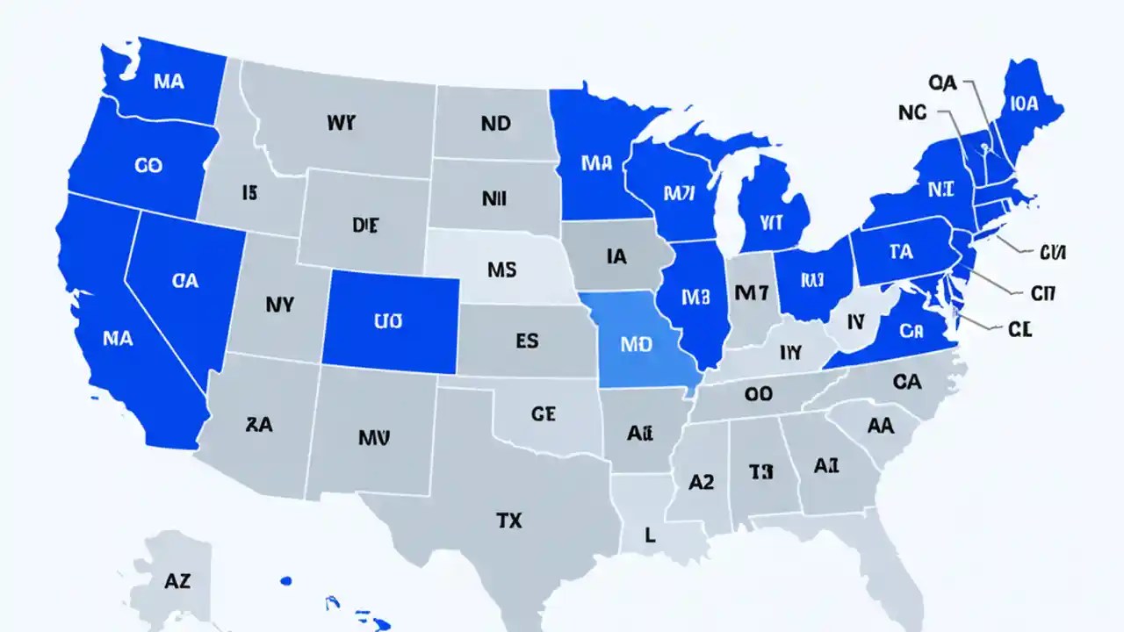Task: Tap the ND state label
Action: click(x=495, y=124)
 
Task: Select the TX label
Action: click(x=508, y=521)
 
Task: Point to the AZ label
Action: click(x=177, y=580)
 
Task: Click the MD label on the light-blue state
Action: click(x=636, y=343)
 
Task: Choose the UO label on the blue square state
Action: click(x=387, y=321)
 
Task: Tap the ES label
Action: click(x=527, y=341)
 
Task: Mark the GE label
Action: click(x=544, y=413)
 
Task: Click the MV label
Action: click(x=374, y=436)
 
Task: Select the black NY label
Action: click(x=279, y=305)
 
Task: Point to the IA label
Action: click(x=616, y=256)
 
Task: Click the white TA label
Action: click(x=900, y=252)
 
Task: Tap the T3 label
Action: click(x=760, y=472)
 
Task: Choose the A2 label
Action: click(x=701, y=481)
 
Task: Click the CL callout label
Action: click(x=1019, y=329)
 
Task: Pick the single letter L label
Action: click(x=651, y=535)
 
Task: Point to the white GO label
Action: click(x=148, y=165)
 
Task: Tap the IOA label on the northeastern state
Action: click(x=1024, y=104)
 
